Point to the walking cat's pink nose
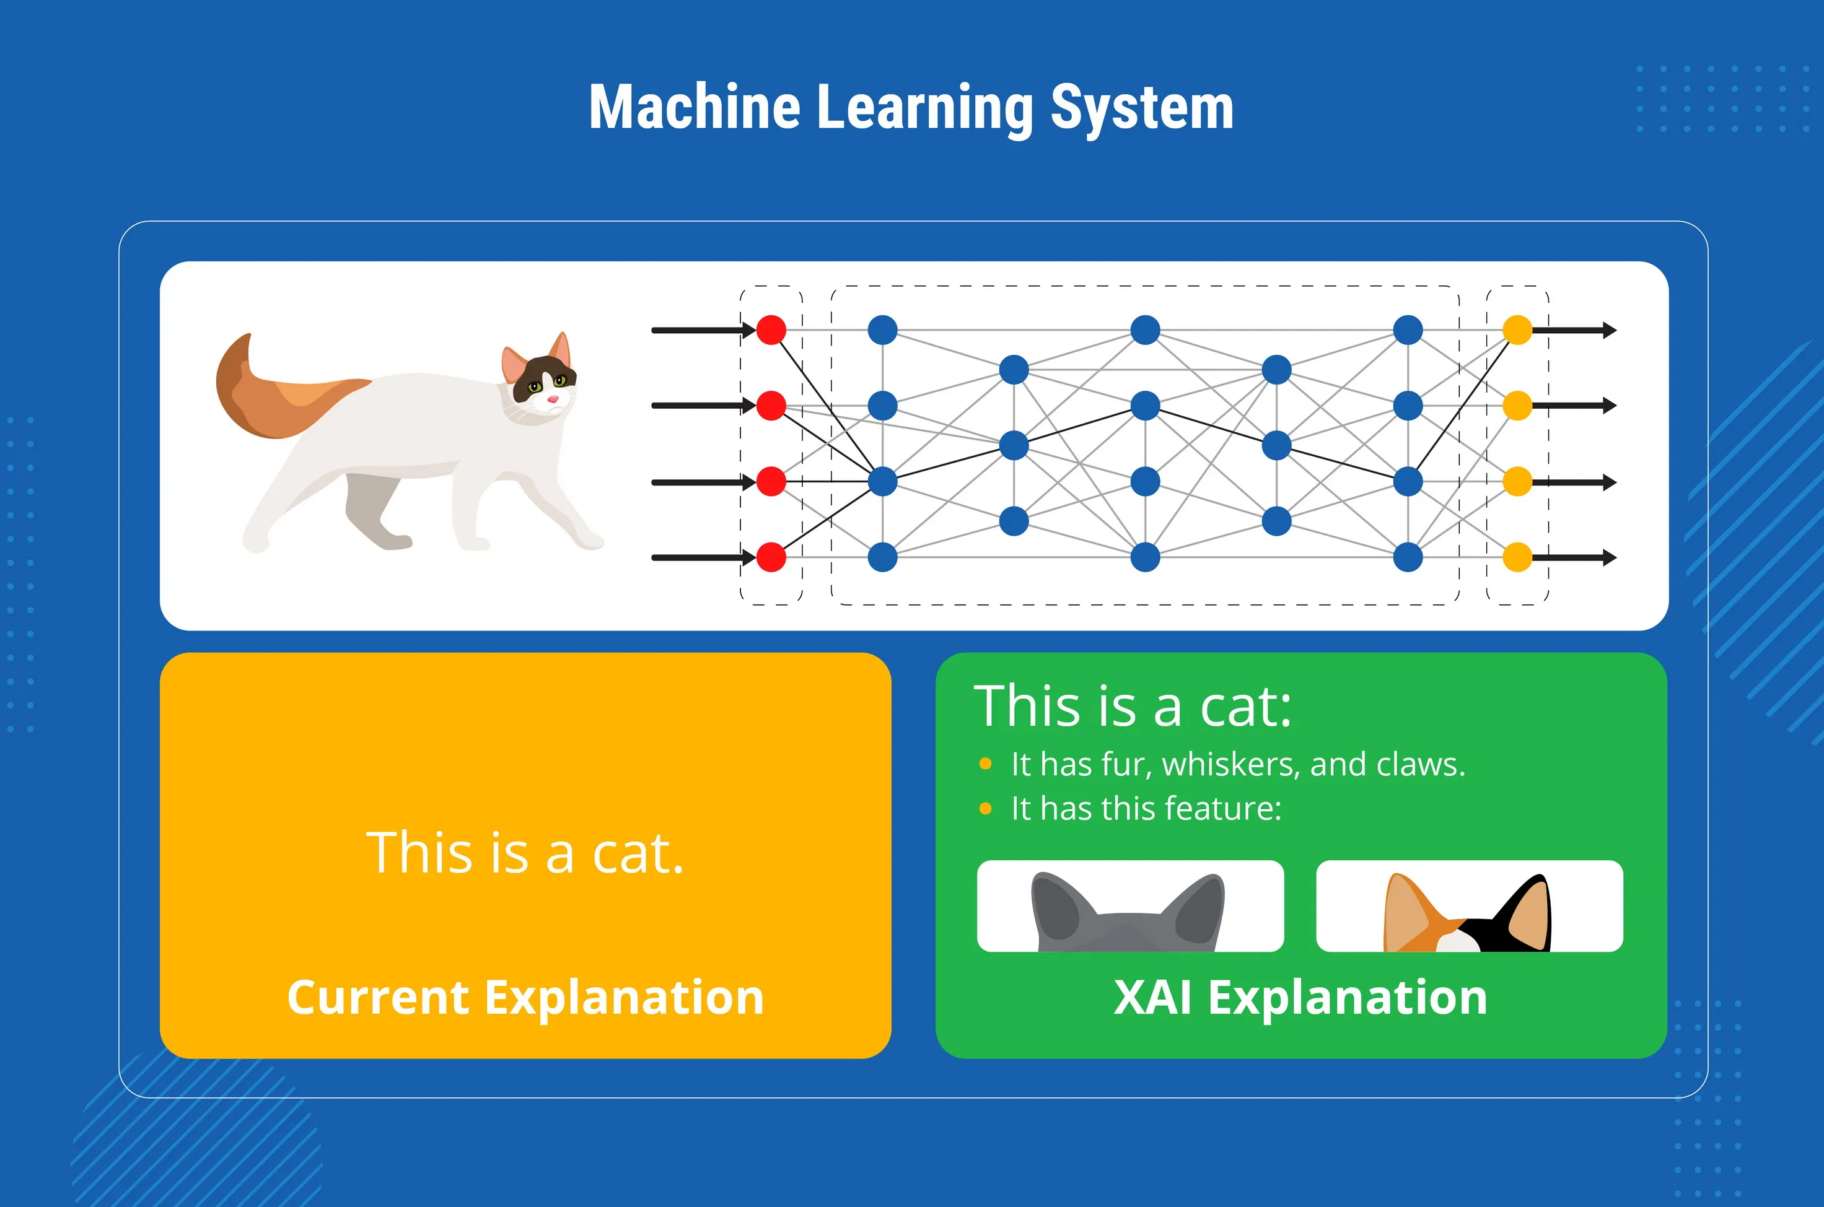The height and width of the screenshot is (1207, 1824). tap(552, 399)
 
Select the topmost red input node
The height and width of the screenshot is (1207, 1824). tap(771, 330)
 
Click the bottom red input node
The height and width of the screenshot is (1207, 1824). tap(771, 557)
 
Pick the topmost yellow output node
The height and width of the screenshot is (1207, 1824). tap(1517, 330)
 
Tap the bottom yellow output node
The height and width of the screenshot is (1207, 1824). tap(1517, 557)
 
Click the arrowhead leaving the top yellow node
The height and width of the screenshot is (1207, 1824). tap(1609, 330)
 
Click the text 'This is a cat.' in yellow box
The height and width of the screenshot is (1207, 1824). tap(525, 853)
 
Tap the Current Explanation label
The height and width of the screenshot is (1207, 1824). tap(525, 998)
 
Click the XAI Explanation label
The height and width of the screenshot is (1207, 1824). tap(1300, 998)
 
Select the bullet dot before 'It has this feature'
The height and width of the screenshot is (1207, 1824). tap(984, 808)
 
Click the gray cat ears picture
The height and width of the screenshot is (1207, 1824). tap(1129, 907)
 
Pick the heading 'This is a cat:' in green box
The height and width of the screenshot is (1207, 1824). tap(1132, 706)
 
